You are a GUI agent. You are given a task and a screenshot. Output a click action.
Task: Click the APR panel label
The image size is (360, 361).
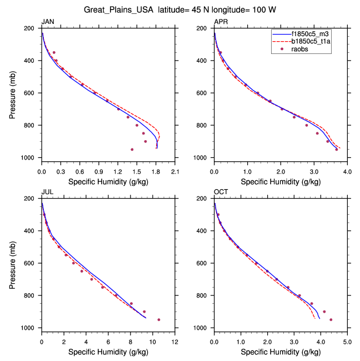(221, 22)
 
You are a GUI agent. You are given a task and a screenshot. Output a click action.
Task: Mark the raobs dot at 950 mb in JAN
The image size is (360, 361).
(132, 150)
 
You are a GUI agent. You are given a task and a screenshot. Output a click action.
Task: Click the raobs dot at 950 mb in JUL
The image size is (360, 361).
(159, 320)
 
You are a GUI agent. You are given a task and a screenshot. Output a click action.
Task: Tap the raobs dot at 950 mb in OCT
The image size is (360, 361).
(331, 320)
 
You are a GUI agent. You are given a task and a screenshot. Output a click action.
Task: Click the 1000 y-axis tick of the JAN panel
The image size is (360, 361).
(29, 158)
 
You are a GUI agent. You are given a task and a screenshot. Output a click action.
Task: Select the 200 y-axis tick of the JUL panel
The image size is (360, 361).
(31, 198)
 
